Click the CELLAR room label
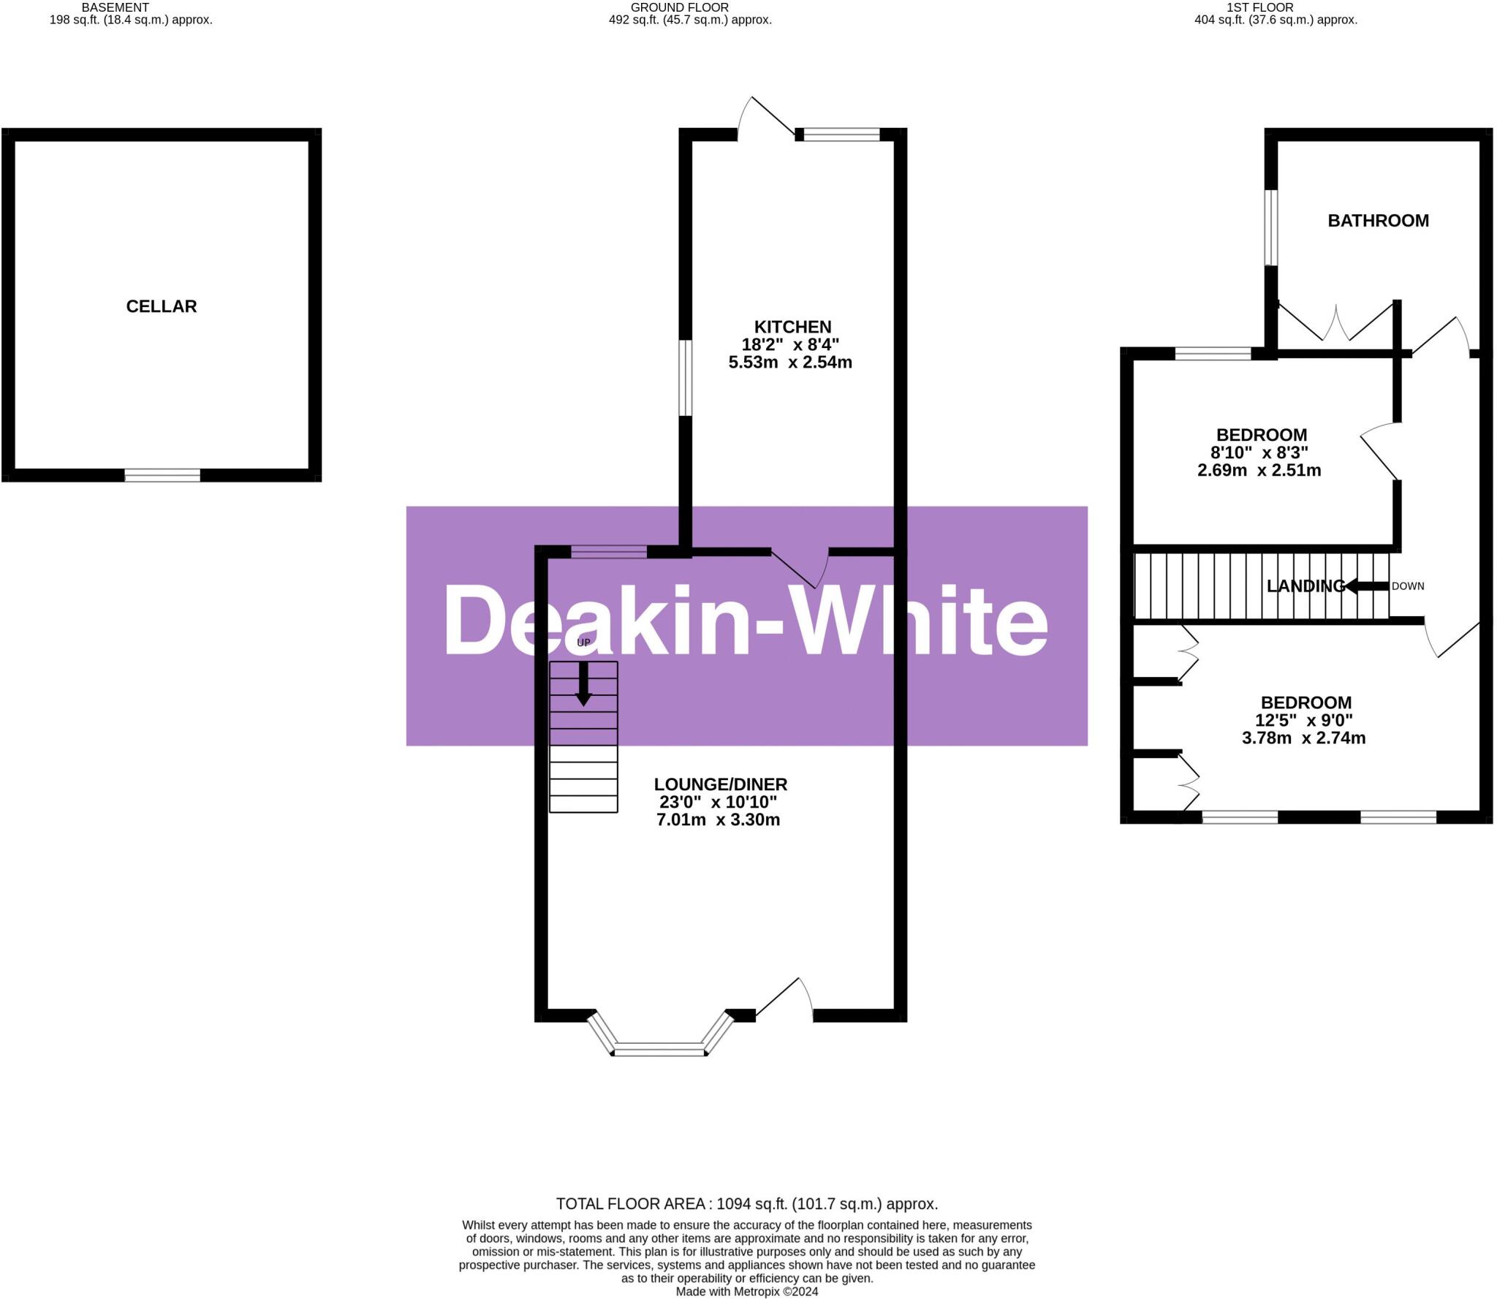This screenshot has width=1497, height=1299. pyautogui.click(x=162, y=306)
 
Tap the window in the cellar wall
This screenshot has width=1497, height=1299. pyautogui.click(x=162, y=476)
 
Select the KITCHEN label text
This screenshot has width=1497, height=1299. pyautogui.click(x=792, y=327)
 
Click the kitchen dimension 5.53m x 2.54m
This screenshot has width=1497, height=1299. pyautogui.click(x=790, y=362)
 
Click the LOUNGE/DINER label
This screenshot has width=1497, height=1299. pyautogui.click(x=720, y=784)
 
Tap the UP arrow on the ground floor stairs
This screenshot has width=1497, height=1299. pyautogui.click(x=583, y=683)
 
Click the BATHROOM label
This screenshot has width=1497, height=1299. pyautogui.click(x=1378, y=221)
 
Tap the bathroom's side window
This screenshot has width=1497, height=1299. pyautogui.click(x=1271, y=227)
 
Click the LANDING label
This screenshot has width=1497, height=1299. pyautogui.click(x=1305, y=586)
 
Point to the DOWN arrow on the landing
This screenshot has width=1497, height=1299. pyautogui.click(x=1367, y=586)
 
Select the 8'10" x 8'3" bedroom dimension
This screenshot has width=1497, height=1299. pyautogui.click(x=1259, y=452)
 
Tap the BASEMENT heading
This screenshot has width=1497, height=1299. pyautogui.click(x=115, y=7)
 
